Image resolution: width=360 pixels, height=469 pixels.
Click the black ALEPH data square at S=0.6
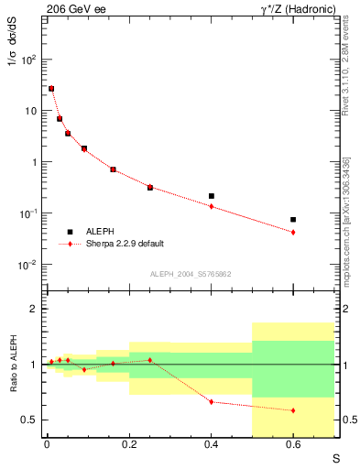coord(293,220)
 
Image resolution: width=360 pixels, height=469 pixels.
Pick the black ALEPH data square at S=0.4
coord(212,196)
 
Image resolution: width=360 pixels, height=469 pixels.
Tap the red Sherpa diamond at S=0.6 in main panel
coord(293,233)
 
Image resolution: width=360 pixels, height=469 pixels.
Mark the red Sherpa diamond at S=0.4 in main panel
coord(212,206)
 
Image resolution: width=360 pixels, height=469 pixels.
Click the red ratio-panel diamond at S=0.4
coord(212,402)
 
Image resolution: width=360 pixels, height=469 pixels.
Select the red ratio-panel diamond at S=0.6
coord(293,410)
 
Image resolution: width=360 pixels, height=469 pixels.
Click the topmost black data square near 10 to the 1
coord(51,89)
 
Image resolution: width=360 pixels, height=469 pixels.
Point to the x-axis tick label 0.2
coord(129,447)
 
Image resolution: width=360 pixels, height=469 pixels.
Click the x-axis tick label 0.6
coord(293,447)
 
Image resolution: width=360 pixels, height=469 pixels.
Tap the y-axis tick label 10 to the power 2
coord(29,60)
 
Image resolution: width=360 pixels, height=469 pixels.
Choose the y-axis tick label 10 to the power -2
coord(29,265)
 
